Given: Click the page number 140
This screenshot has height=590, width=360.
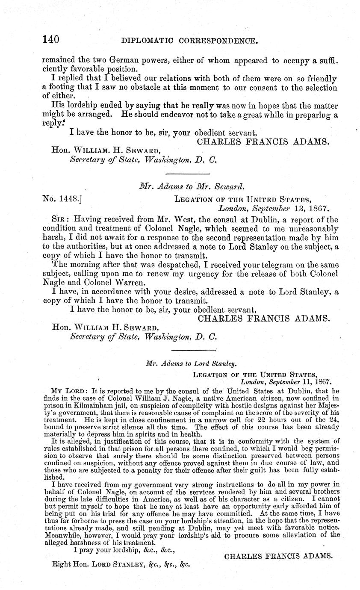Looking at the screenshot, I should point(51,40).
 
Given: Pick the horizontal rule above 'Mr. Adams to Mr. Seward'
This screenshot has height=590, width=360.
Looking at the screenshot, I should point(187,174).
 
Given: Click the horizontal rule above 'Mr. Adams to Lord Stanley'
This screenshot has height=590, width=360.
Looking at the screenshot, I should point(187,351).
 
